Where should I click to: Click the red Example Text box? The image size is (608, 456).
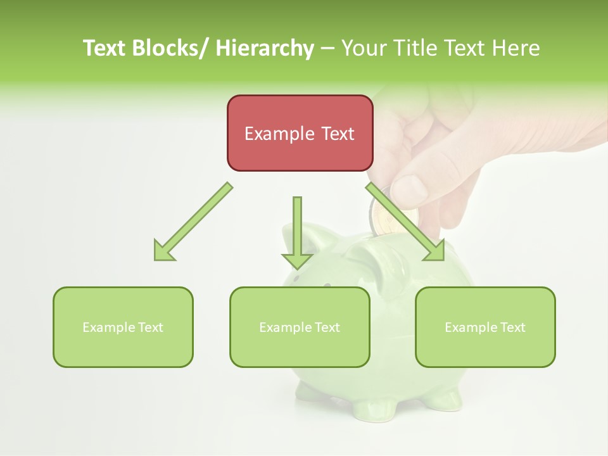pos(300,133)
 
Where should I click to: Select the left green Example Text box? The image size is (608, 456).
pos(123,327)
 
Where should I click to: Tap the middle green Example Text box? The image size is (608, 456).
pos(300,327)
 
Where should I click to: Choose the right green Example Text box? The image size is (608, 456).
pos(485,327)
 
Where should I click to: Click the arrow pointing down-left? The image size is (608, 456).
pos(193,222)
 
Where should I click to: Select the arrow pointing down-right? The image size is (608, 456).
pos(405,222)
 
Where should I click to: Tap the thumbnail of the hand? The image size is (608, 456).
pos(408,190)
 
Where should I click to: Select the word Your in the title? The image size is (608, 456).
pos(363,48)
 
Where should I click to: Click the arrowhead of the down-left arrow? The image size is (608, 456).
pos(163,250)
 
